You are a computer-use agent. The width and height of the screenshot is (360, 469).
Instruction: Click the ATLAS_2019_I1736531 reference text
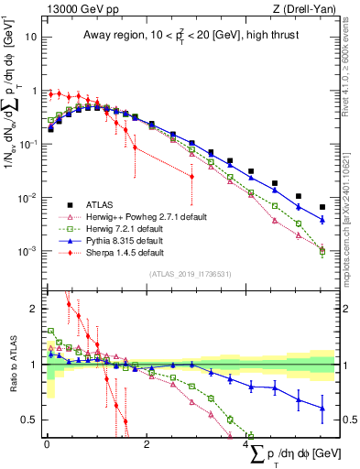click(191, 274)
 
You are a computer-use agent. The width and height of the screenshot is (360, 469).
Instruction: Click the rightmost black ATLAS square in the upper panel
click(322, 207)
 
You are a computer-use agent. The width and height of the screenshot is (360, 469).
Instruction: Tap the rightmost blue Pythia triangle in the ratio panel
click(322, 409)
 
